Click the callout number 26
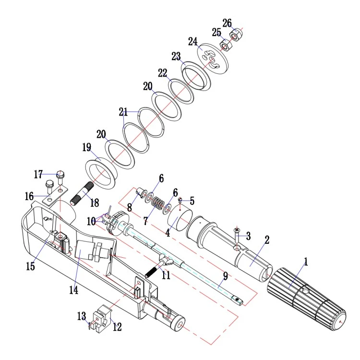[227, 23]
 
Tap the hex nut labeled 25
[227, 46]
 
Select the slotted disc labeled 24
[213, 59]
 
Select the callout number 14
[74, 290]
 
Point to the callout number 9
[226, 276]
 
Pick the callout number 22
[163, 73]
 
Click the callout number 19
[87, 147]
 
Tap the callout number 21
[123, 112]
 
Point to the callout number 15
[30, 266]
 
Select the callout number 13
[82, 316]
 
